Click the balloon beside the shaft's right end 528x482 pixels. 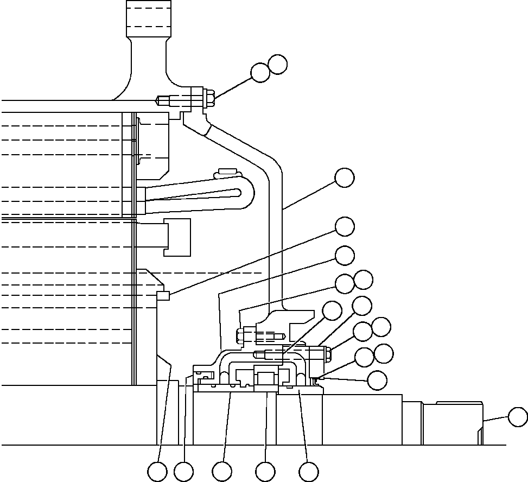(x=518, y=417)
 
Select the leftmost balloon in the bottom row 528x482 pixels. (x=157, y=472)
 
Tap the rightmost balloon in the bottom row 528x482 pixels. (x=309, y=472)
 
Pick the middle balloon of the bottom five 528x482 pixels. (x=222, y=472)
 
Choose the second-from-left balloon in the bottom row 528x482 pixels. (x=184, y=472)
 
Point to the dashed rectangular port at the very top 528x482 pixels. (x=148, y=18)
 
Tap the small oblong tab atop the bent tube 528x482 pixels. (x=227, y=173)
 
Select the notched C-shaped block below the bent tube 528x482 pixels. (x=177, y=237)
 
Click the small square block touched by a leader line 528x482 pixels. (x=163, y=295)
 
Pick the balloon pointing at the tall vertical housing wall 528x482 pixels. (x=345, y=177)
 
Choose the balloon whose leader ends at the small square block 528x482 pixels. (x=345, y=226)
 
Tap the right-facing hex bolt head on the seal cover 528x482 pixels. (x=328, y=354)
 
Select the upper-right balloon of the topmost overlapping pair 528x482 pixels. (x=278, y=64)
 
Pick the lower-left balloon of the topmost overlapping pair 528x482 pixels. (x=260, y=73)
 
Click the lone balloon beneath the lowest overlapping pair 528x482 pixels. (x=377, y=380)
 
